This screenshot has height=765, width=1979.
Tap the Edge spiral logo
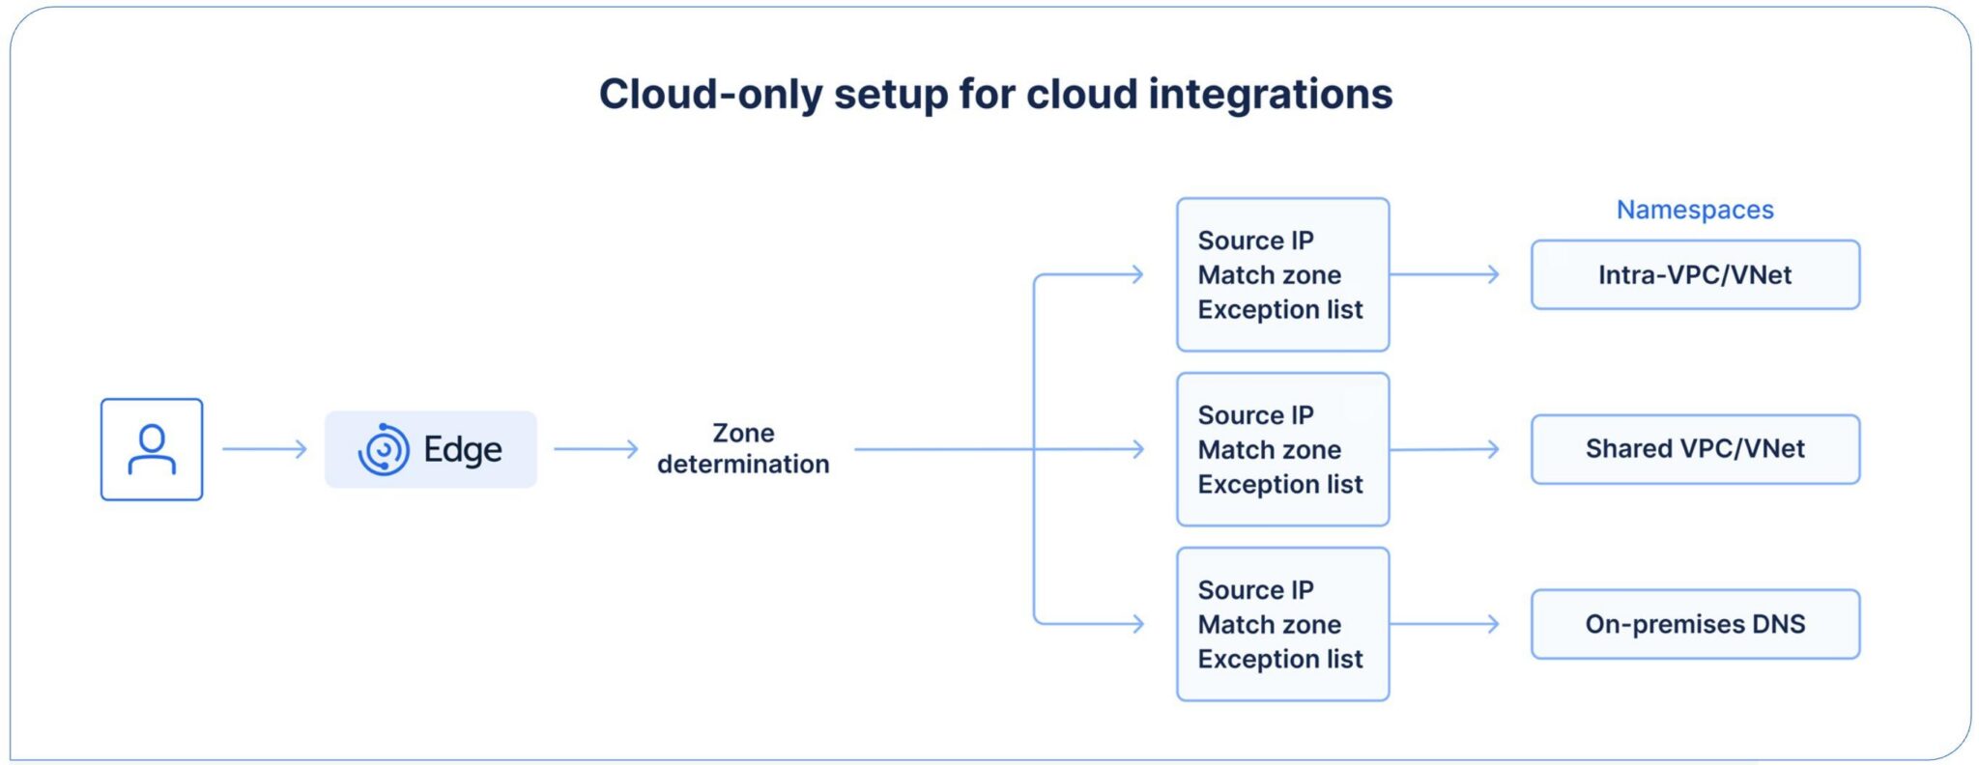click(x=384, y=450)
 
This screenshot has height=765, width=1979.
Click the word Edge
click(x=463, y=450)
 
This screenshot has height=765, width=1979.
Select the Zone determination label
click(x=743, y=448)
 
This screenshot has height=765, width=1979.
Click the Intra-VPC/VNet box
click(x=1695, y=275)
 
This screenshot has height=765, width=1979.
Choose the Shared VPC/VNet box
click(x=1695, y=449)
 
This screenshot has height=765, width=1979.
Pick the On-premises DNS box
click(x=1695, y=624)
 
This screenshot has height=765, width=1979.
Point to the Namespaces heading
click(x=1695, y=210)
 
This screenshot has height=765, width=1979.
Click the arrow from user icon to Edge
click(x=265, y=449)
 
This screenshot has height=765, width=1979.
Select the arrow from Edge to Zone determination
click(x=596, y=449)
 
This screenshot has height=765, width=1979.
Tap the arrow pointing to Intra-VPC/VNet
click(x=1445, y=274)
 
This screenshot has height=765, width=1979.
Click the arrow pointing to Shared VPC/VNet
click(x=1445, y=449)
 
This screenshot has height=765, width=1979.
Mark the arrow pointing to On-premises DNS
click(x=1445, y=624)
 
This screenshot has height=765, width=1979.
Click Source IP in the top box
click(x=1255, y=241)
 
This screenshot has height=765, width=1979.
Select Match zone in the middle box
click(x=1269, y=450)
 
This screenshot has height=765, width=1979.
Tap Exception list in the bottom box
click(x=1280, y=660)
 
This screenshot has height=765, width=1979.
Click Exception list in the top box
click(x=1280, y=310)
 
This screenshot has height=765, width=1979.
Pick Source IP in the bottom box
click(x=1255, y=590)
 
